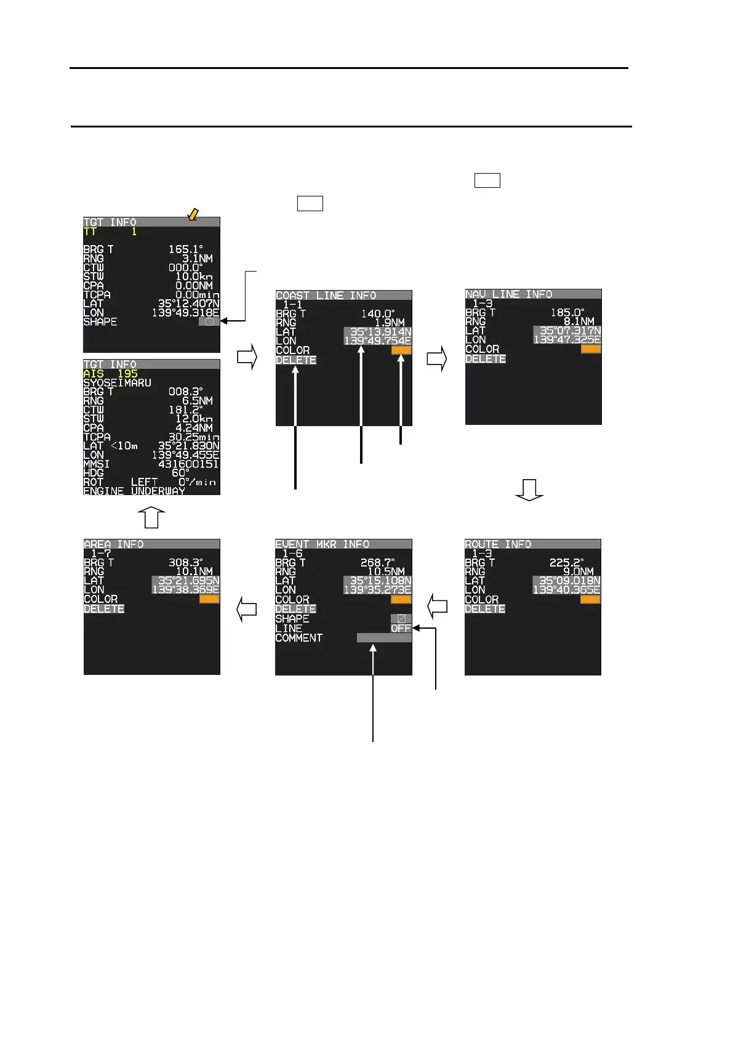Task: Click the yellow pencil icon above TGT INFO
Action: click(x=193, y=214)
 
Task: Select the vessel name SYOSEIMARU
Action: click(x=117, y=382)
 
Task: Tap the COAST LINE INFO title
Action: click(x=326, y=296)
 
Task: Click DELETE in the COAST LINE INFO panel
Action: click(x=296, y=360)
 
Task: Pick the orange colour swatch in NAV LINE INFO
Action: click(x=590, y=349)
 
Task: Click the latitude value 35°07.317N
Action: click(x=567, y=331)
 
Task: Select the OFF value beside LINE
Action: click(x=401, y=629)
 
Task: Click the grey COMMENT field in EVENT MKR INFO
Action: click(x=384, y=638)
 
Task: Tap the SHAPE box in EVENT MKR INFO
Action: click(x=401, y=619)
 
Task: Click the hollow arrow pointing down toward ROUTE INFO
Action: click(x=529, y=490)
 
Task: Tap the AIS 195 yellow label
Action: click(x=111, y=374)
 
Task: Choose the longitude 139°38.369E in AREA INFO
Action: click(x=185, y=590)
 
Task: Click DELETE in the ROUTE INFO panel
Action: click(x=485, y=609)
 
